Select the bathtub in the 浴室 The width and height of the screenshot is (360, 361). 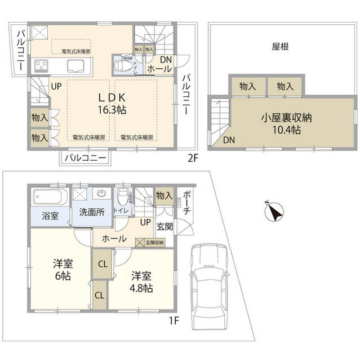[50, 198]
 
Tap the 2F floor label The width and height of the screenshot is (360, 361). [193, 159]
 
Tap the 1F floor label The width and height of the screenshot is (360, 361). [175, 322]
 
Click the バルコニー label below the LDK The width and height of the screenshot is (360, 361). [85, 158]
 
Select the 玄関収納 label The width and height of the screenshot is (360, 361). [154, 243]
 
